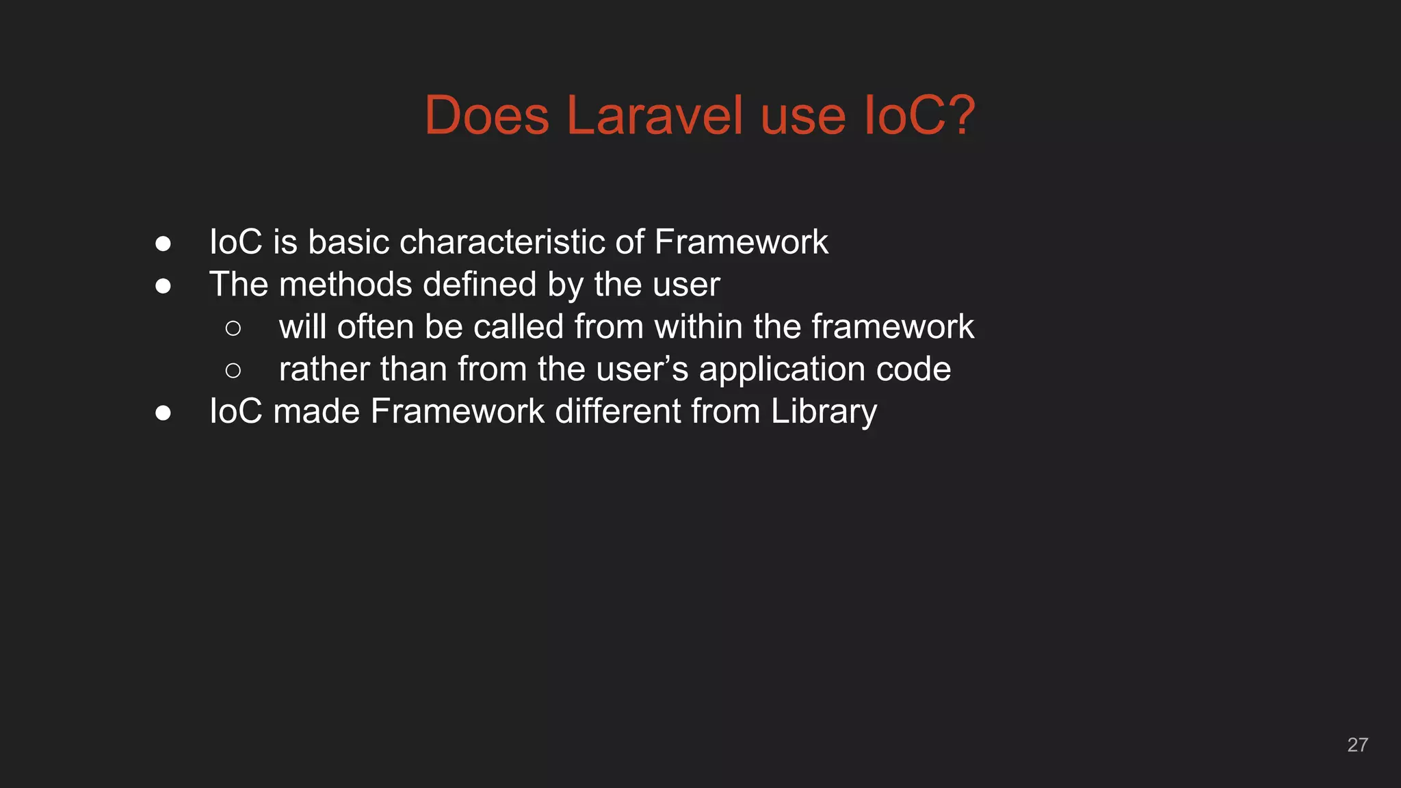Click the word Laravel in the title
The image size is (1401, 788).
(x=655, y=115)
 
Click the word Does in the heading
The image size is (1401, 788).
(x=486, y=115)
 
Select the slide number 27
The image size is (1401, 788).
(x=1357, y=745)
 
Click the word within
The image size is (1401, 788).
(x=698, y=327)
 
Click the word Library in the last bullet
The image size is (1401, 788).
(x=824, y=412)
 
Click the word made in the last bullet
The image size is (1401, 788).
(x=316, y=412)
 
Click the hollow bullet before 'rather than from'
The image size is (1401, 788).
(x=233, y=371)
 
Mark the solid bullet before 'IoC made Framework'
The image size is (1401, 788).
(x=163, y=413)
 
